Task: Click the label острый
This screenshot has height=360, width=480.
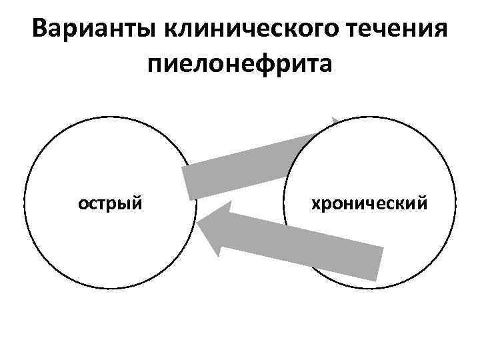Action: click(x=111, y=202)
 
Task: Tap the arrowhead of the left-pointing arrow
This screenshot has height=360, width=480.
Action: click(x=211, y=230)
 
